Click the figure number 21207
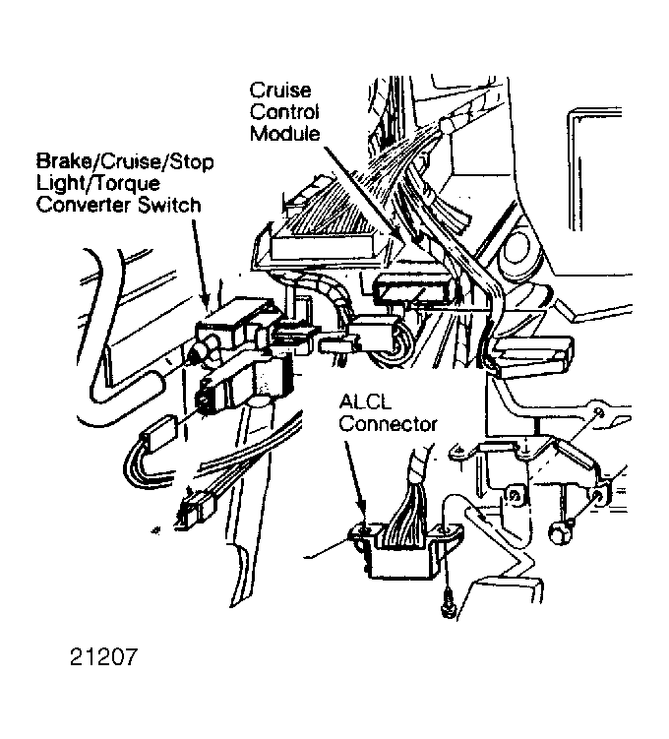tap(104, 656)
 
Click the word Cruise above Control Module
tap(280, 90)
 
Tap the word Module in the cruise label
tap(285, 134)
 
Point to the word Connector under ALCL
tap(389, 424)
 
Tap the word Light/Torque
tap(98, 184)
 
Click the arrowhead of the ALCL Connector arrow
tap(363, 520)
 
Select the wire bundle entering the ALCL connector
tap(410, 500)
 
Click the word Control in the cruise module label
tap(284, 112)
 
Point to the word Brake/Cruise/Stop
tap(125, 161)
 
